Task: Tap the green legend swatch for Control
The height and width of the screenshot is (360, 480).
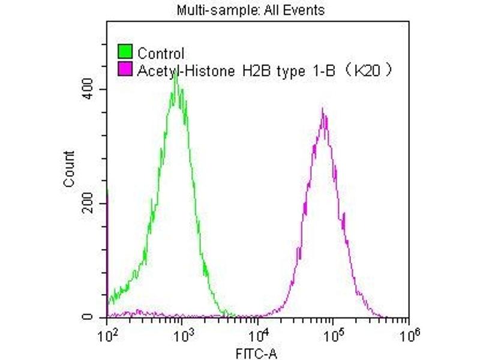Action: [x=125, y=52]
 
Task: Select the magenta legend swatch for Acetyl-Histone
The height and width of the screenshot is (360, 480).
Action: [x=125, y=71]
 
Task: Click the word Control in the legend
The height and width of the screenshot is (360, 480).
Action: [x=161, y=53]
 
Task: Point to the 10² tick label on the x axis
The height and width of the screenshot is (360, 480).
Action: [x=107, y=332]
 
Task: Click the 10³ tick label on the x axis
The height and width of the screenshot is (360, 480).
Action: [x=182, y=332]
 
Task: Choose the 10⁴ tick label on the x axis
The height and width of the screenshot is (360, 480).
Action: [x=258, y=332]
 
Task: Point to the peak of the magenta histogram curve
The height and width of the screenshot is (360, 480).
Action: [x=323, y=110]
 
